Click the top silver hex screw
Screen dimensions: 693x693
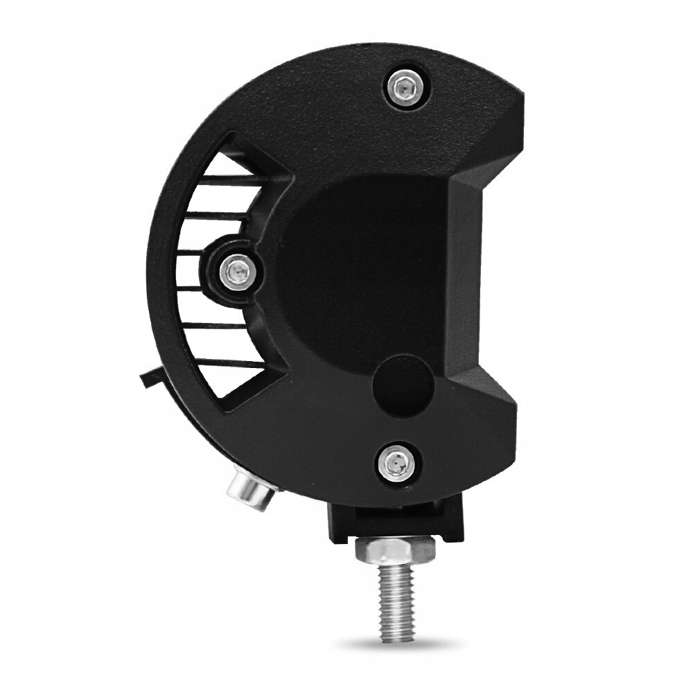tap(406, 87)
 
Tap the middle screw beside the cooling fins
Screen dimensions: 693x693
tap(237, 271)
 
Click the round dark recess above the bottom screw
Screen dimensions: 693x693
tap(403, 385)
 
